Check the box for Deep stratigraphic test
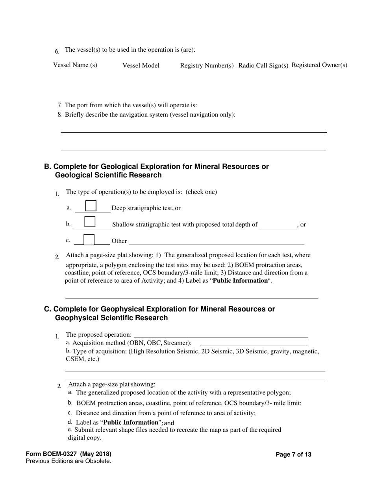[91, 206]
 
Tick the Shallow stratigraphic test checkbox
[90, 222]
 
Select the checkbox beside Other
[89, 239]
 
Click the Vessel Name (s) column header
[75, 65]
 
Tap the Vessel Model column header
[141, 65]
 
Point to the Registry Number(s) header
[207, 65]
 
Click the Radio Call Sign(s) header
[263, 65]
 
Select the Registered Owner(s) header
[319, 65]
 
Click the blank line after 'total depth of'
[278, 226]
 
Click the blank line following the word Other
[217, 241]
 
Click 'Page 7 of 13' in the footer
[293, 455]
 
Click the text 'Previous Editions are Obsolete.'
[69, 461]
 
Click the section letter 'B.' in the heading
[48, 166]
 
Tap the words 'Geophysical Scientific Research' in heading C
[111, 318]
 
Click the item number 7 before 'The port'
[59, 105]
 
